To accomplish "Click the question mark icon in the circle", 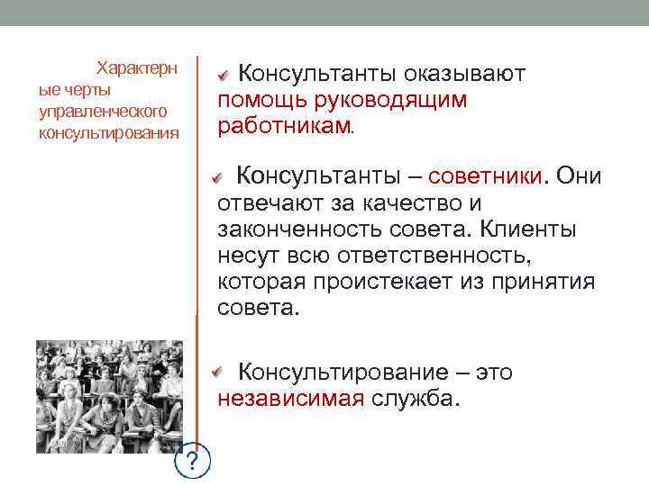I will point(191,463).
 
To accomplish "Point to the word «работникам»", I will point(284,127).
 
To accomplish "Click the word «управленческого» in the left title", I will point(104,112).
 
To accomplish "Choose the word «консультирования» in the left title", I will point(108,133).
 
